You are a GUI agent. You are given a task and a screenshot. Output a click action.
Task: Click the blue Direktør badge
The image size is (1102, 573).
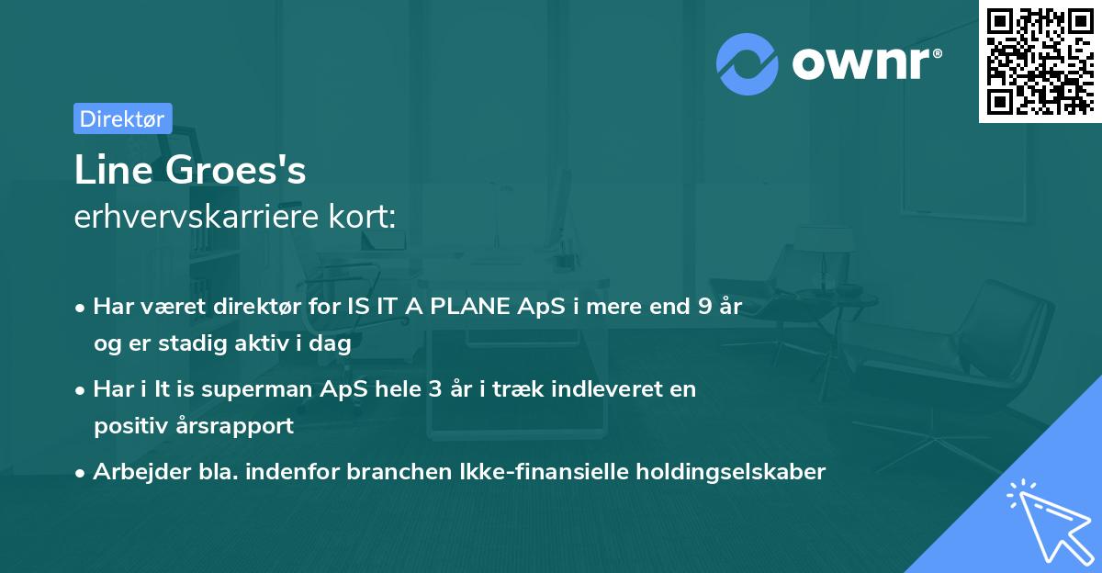pyautogui.click(x=122, y=118)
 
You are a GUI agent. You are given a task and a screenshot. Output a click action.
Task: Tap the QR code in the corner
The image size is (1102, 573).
pyautogui.click(x=1039, y=61)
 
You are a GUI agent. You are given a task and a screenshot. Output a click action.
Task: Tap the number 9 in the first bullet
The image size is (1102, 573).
pyautogui.click(x=705, y=307)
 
